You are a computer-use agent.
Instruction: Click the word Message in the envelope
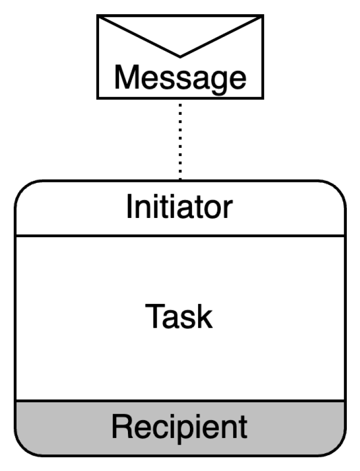coord(180,78)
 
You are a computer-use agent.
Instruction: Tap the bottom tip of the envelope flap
coord(180,56)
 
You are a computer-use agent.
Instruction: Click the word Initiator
coord(179,207)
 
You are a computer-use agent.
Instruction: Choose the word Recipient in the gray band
coord(179,427)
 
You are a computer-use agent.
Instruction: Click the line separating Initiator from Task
coord(180,235)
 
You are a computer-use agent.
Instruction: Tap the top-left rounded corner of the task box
coord(23,189)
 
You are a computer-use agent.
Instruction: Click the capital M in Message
coord(126,78)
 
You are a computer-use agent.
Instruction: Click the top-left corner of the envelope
coord(98,16)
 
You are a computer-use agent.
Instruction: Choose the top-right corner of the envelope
coord(263,16)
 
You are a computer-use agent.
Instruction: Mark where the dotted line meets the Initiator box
coord(180,180)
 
